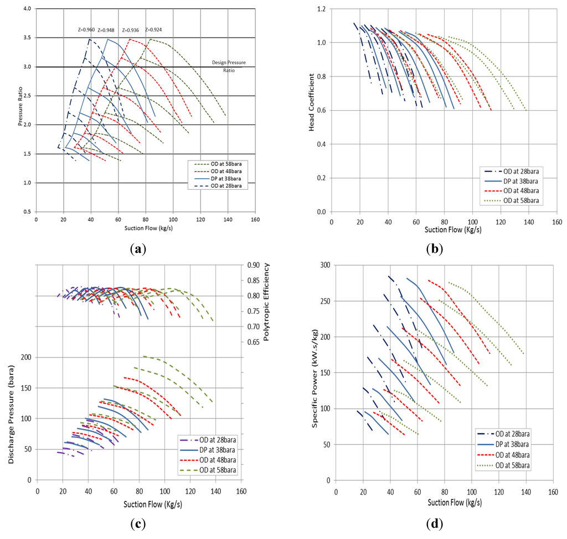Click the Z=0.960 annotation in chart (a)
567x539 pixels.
click(86, 30)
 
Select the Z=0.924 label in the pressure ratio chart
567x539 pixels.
click(153, 30)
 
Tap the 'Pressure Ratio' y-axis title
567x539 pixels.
click(20, 110)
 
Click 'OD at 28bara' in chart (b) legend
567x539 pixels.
click(513, 172)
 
